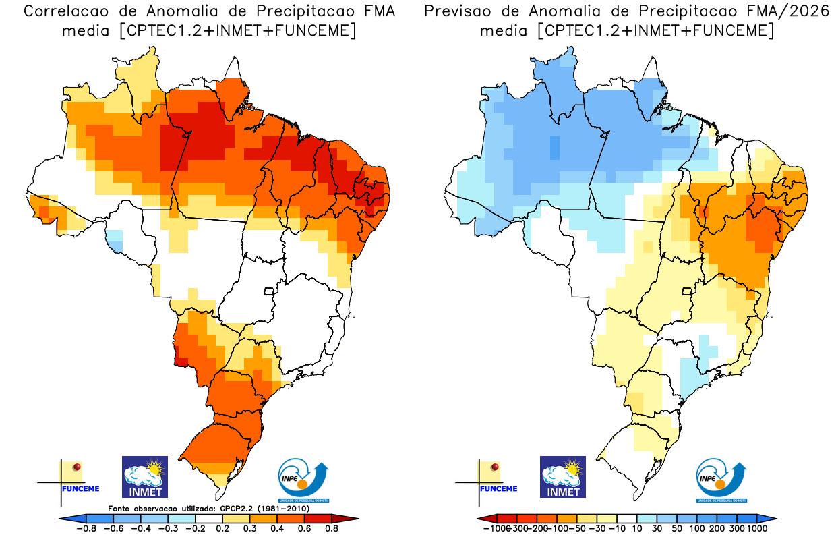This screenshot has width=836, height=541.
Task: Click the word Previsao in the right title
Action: (x=458, y=11)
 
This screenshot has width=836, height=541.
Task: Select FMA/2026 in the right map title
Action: (x=795, y=11)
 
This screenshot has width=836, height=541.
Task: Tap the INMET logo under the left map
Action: (x=145, y=477)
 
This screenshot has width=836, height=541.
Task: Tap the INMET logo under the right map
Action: (x=563, y=477)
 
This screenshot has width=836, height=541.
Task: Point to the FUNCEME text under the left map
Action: (x=80, y=488)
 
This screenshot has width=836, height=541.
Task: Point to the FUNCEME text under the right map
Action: (x=498, y=488)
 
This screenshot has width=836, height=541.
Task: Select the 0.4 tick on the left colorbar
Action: (x=276, y=528)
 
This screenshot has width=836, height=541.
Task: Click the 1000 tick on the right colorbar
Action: (x=756, y=528)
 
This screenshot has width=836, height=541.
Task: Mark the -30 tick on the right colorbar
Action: (x=597, y=528)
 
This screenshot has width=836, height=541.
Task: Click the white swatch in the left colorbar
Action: (x=209, y=518)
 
